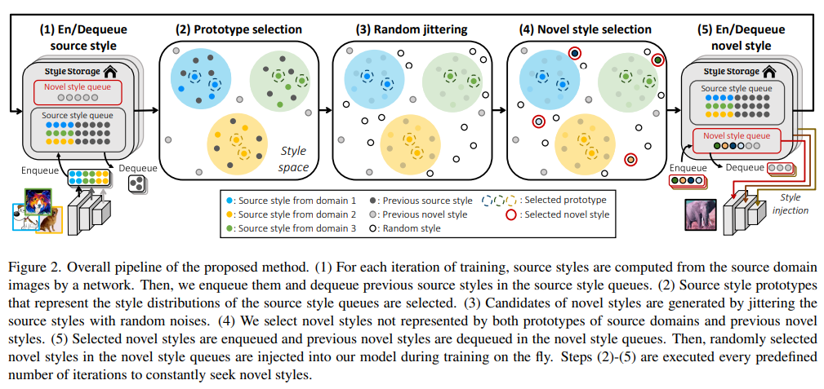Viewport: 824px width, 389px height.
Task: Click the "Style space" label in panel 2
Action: [x=294, y=160]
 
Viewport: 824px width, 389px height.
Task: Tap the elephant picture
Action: [x=701, y=215]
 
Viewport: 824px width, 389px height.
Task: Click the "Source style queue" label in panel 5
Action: [x=736, y=88]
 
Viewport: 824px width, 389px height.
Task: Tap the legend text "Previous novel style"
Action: [x=425, y=214]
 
